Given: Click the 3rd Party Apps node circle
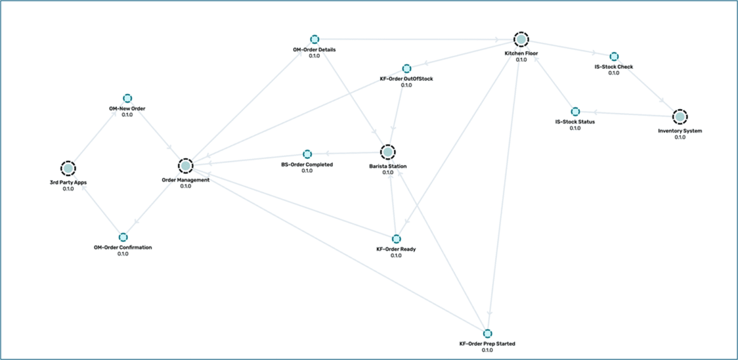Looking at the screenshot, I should click(68, 168).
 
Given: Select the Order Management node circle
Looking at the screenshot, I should click(185, 166).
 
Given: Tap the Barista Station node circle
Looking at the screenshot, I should click(387, 152).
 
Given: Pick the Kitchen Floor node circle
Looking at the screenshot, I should click(521, 40).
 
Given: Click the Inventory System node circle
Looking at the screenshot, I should click(679, 117).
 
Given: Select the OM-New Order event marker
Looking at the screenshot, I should click(127, 98).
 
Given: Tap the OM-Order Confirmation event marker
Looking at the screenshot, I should click(123, 237).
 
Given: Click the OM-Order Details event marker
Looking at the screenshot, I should click(314, 39).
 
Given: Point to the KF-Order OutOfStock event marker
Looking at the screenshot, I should click(406, 69).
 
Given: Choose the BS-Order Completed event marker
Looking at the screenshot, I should click(307, 154).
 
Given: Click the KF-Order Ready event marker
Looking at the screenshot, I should click(396, 239).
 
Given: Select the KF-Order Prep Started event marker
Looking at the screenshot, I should click(487, 334).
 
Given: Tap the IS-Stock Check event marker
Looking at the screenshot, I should click(614, 57).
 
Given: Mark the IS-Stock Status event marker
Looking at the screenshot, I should click(575, 112).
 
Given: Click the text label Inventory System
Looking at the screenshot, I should click(679, 131).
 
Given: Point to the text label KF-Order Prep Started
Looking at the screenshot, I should click(487, 344).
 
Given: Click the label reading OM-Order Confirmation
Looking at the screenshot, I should click(123, 247).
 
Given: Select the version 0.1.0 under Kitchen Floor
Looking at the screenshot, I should click(521, 60).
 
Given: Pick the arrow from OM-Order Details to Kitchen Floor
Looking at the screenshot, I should click(415, 40).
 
